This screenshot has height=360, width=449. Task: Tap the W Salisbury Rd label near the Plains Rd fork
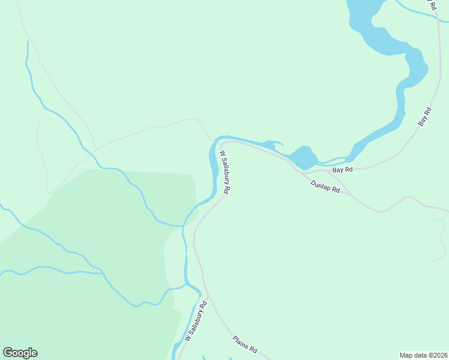click(196, 321)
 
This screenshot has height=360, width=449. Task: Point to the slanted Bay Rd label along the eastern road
click(425, 116)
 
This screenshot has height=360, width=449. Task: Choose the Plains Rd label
click(245, 344)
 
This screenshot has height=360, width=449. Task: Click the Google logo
click(20, 353)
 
